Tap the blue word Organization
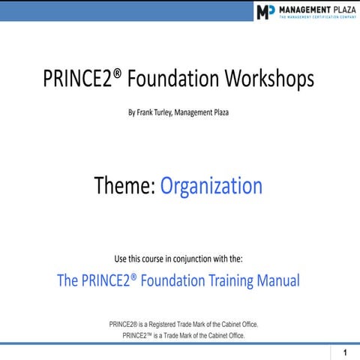(212, 186)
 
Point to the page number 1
(344, 352)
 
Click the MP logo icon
(265, 12)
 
